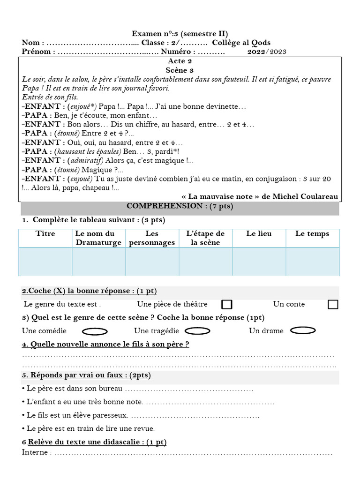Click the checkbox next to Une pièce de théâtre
227,304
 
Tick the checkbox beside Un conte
333,304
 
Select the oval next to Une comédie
95,331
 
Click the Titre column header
45,234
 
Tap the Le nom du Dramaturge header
98,238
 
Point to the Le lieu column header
259,234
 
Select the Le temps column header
312,234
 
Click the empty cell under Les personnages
152,262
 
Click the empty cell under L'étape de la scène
205,262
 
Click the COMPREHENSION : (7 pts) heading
180,207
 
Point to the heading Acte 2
180,61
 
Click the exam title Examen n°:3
180,34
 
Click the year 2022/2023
267,52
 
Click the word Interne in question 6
35,452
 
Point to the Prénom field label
36,52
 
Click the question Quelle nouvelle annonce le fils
105,345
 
